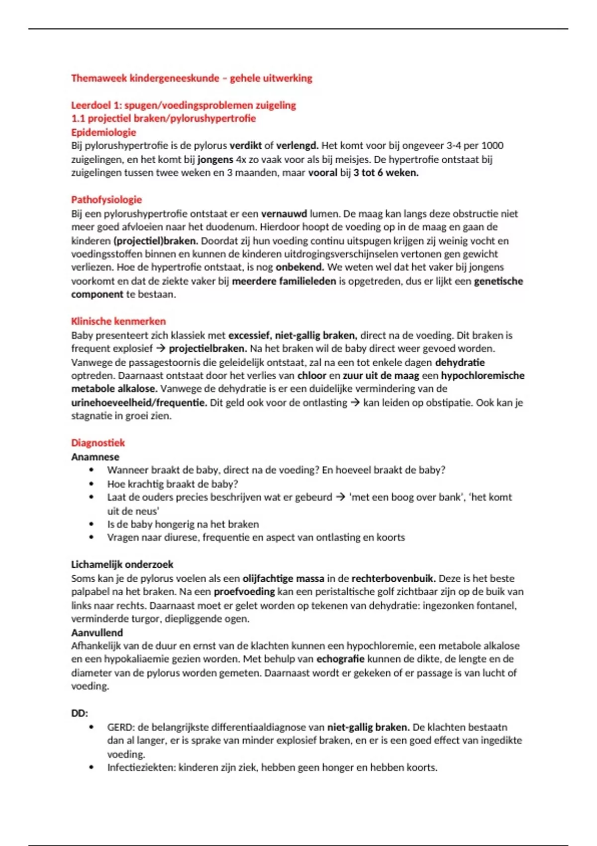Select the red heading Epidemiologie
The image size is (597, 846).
103,132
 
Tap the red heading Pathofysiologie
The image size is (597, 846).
106,200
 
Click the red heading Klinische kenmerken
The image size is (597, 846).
118,321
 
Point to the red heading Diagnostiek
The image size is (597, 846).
98,443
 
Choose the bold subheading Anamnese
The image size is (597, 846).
95,457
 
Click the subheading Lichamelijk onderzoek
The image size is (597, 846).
122,564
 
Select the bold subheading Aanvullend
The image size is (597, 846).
97,633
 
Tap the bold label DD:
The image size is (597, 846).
80,713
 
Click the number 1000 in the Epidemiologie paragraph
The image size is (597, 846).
493,146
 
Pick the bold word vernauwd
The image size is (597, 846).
284,214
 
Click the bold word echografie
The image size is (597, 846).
340,659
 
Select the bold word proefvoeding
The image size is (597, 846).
244,592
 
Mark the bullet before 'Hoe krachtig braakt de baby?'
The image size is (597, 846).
91,484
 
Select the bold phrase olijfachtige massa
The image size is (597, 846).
283,578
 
